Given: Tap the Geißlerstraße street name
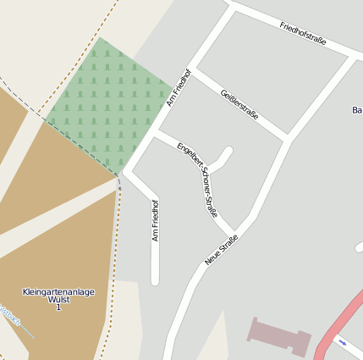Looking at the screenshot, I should coord(239,104).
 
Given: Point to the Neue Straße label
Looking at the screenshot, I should coord(221,250).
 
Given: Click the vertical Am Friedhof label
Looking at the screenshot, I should coord(156,220).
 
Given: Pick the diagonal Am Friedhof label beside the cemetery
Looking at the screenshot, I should coord(179,87).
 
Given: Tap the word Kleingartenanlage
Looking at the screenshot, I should coord(58,292).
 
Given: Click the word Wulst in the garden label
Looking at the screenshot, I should coord(58,300).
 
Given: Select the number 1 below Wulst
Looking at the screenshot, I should coord(58,307).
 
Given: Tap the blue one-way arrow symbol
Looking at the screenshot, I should coord(342,342).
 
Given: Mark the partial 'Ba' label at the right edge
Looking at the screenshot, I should coord(356,110).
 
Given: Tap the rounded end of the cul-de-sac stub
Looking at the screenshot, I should coord(227,152).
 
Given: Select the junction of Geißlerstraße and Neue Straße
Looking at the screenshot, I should coord(287,138).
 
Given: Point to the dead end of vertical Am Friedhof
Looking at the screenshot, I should coord(155,280).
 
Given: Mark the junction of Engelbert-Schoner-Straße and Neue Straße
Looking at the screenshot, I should coord(236,233).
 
